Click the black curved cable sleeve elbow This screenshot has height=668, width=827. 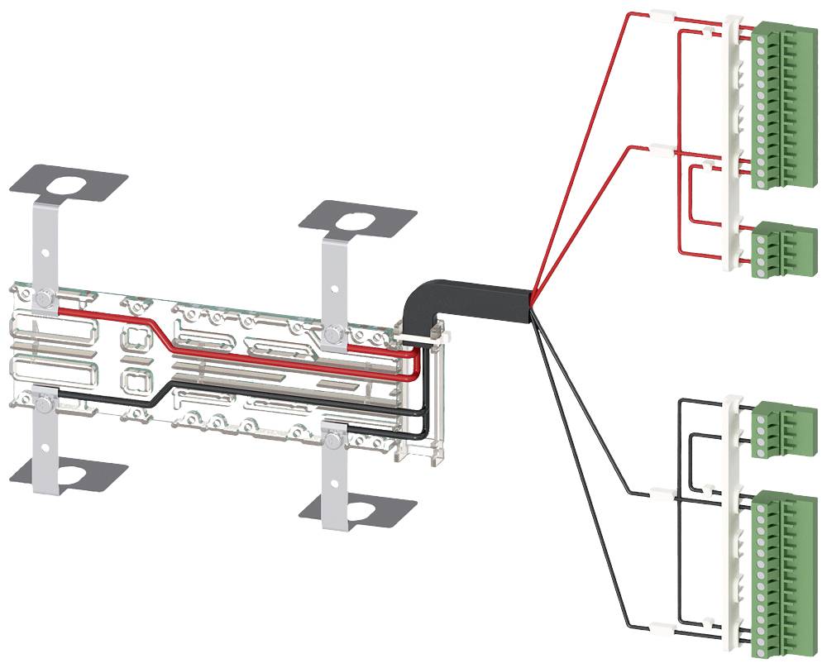pos(422,303)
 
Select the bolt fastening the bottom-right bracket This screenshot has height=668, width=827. pos(332,439)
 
